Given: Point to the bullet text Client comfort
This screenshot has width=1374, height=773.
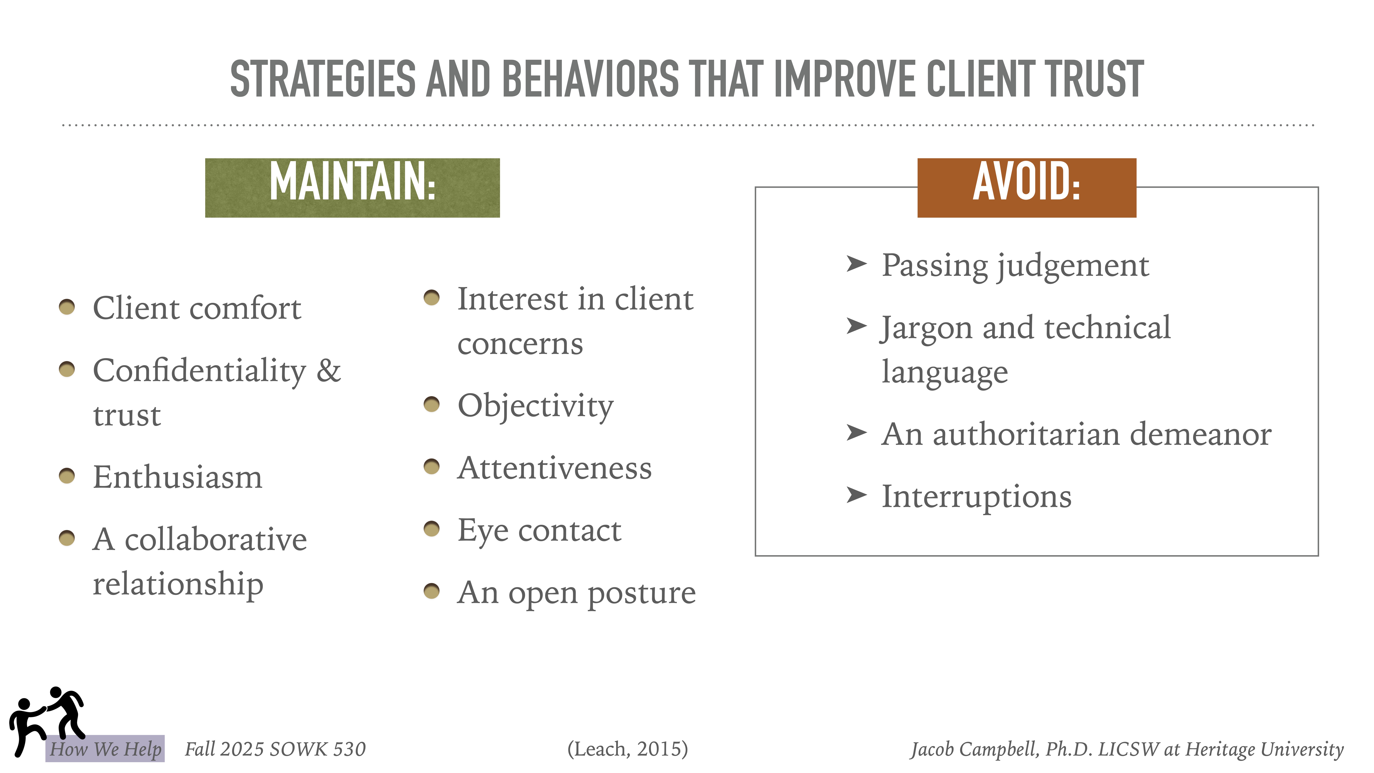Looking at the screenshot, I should pos(197,308).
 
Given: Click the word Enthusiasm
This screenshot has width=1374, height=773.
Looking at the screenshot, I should pos(178,477).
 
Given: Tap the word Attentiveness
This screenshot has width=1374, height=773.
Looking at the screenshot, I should pos(554,468).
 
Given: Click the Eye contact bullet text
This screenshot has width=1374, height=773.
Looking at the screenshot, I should pos(539,531).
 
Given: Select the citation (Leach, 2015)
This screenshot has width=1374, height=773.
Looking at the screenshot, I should pos(627,749).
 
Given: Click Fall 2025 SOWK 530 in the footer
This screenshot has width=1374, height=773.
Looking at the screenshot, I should pos(275,749).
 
